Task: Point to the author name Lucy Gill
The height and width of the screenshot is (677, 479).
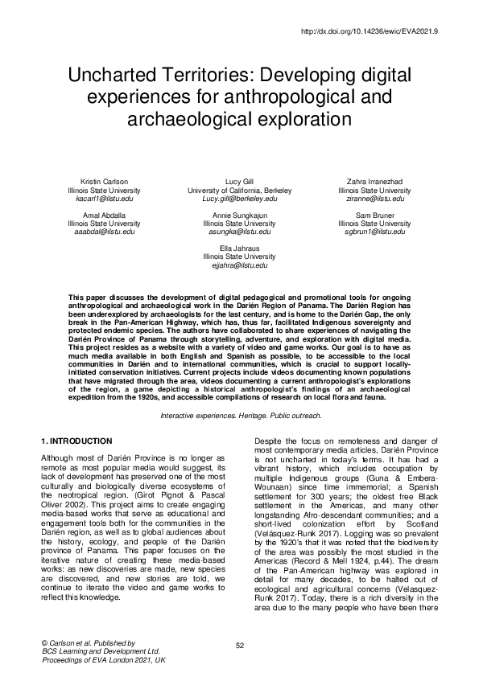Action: coord(239,182)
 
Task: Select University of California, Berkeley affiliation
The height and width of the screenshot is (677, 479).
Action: coord(239,190)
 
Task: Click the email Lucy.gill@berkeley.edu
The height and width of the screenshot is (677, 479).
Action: coord(239,198)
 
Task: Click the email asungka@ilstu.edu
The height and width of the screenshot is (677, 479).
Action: coord(239,231)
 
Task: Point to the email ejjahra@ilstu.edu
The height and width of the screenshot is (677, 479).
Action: coord(239,264)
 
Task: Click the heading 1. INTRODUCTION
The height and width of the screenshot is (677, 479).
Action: coord(76,441)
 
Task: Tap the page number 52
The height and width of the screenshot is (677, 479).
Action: coord(239,646)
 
